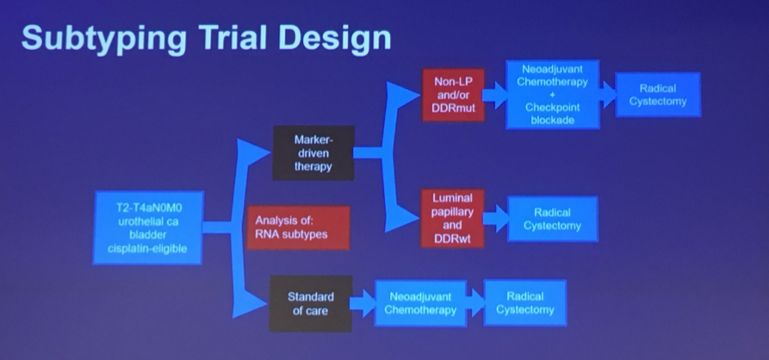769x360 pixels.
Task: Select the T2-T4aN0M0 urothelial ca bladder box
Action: (148, 227)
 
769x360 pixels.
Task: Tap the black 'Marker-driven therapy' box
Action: (313, 153)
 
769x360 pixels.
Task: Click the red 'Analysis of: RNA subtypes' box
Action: (297, 227)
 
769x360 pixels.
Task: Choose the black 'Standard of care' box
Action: (310, 303)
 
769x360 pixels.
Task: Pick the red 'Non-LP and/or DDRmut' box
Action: (453, 96)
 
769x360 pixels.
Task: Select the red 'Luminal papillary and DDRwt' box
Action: (453, 219)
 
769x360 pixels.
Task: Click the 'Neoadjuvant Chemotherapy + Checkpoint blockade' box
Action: (552, 95)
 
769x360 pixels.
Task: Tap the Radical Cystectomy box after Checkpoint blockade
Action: (658, 95)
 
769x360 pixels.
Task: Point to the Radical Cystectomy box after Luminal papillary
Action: (552, 219)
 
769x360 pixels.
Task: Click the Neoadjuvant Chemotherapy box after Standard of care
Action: (419, 303)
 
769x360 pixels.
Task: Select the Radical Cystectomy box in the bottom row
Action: (525, 303)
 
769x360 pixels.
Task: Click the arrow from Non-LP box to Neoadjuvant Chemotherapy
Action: (495, 95)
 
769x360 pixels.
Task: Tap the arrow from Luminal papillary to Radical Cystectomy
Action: (496, 219)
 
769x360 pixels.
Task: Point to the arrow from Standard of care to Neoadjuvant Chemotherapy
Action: (363, 303)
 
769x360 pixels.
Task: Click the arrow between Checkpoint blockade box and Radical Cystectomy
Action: (606, 95)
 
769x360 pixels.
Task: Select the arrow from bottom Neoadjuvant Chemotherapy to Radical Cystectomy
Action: (474, 303)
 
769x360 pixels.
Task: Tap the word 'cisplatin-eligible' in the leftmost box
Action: (148, 250)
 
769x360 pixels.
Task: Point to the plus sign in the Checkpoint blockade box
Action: (552, 95)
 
